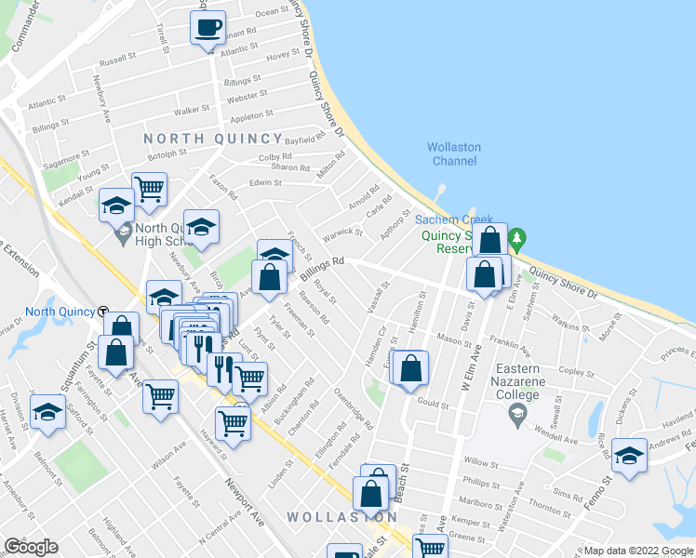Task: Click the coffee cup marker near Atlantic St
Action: (207, 27)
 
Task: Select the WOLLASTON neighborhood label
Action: (341, 517)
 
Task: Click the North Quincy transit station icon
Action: (103, 312)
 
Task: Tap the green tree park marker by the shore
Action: (519, 238)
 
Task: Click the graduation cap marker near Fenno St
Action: (630, 456)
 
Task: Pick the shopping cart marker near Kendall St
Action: (149, 189)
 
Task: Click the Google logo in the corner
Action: (30, 547)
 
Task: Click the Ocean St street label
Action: (273, 13)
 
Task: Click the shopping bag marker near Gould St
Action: (409, 367)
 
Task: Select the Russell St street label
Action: (117, 60)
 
